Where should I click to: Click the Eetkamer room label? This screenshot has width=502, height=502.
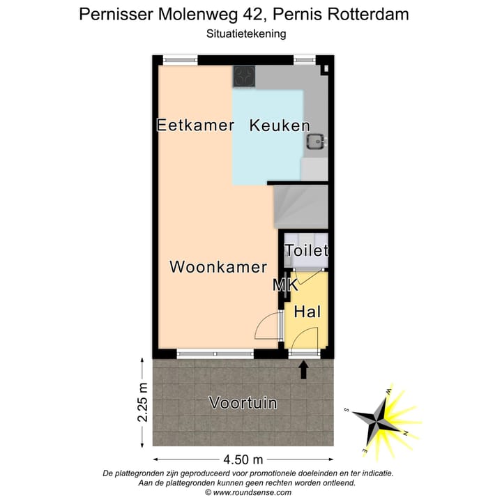point(195,125)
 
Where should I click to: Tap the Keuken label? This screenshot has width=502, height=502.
point(280,125)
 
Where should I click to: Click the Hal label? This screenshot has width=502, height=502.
point(307,312)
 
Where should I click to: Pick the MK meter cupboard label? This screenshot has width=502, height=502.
point(285,284)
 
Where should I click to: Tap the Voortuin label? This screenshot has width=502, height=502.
point(243,403)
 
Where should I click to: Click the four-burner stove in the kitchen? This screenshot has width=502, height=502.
point(244,76)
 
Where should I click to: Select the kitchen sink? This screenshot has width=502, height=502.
point(315,142)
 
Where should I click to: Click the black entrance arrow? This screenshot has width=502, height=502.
point(304,370)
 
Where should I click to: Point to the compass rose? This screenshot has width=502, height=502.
point(382,418)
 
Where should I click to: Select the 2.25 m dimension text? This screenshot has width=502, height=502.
point(143,402)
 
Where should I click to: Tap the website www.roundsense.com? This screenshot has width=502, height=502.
point(254,492)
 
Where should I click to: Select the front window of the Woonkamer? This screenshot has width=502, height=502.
point(214,354)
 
